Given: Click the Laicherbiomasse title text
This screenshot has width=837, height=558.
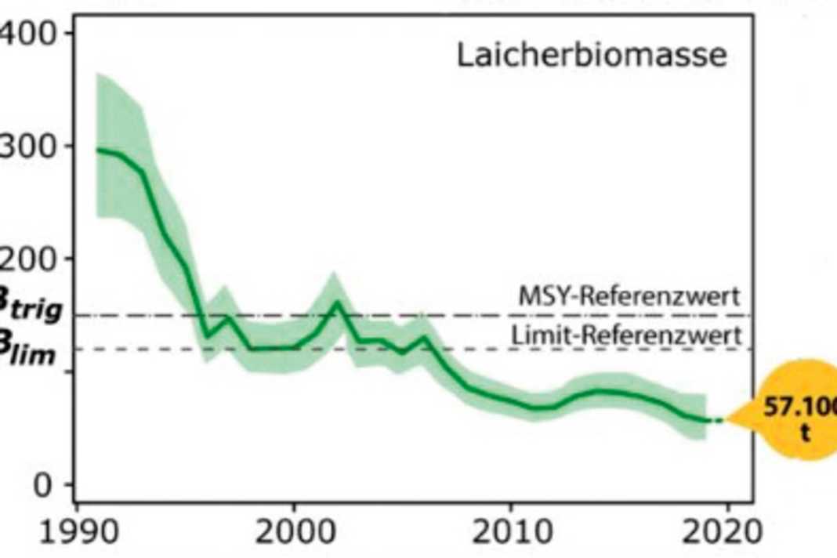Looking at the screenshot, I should [x=592, y=57].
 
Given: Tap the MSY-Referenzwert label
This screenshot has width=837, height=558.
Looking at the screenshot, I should [x=629, y=297].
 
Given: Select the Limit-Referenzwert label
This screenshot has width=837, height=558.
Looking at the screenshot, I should [x=626, y=335].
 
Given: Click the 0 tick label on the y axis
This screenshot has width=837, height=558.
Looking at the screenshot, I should [x=42, y=484].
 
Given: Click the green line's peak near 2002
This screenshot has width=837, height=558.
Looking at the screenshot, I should [x=337, y=303].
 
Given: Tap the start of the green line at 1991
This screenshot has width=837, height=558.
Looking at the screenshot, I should [x=97, y=149].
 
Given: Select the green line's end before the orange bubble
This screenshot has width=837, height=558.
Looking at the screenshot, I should [x=709, y=421].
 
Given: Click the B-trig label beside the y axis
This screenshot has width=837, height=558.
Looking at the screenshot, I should [x=30, y=310].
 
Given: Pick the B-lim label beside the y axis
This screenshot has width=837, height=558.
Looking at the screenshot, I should [x=30, y=352].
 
